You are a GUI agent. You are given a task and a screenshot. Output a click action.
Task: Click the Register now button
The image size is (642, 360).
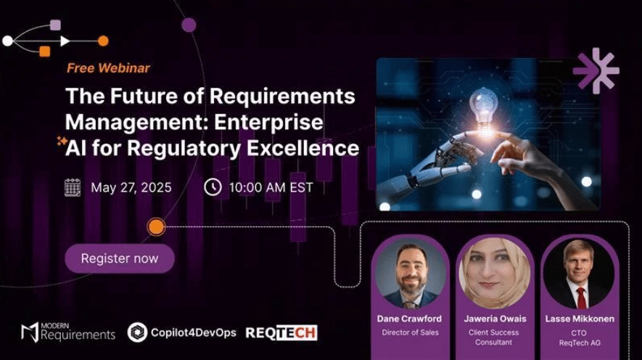click(120, 258)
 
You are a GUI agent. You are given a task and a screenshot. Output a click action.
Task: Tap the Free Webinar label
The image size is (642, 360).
click(109, 68)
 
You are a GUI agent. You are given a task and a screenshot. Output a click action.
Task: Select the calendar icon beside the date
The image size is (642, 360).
click(73, 187)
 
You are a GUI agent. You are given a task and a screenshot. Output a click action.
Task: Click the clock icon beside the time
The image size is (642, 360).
click(213, 187)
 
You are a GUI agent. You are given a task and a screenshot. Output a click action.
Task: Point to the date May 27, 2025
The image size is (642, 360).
click(131, 187)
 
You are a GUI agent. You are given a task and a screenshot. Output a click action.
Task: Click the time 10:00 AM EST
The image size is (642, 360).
click(271, 187)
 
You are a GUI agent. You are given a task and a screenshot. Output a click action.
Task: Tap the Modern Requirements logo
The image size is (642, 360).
click(68, 332)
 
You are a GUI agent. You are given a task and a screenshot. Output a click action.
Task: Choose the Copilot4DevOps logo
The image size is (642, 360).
click(182, 332)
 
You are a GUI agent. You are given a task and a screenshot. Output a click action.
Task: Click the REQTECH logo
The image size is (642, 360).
click(281, 332)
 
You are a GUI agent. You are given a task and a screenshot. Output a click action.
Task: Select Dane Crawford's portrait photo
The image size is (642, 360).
click(411, 274)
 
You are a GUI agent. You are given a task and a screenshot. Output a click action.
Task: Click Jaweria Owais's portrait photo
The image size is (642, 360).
click(495, 274)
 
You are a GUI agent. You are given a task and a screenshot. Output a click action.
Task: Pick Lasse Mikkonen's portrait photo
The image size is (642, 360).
click(579, 274)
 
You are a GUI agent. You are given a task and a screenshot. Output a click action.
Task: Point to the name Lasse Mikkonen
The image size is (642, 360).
click(580, 319)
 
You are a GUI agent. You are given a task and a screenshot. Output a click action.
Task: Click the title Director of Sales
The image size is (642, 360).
click(411, 332)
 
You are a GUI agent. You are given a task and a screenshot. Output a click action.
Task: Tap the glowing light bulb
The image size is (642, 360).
click(483, 110)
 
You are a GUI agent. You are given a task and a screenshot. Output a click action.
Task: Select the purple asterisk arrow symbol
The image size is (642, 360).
click(596, 70)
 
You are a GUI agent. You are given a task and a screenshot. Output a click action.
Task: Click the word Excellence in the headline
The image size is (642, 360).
click(303, 148)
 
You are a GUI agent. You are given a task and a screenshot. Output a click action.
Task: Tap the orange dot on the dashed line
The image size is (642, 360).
click(156, 226)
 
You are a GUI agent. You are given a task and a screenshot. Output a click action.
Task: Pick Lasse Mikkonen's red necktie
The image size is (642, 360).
click(581, 298)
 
